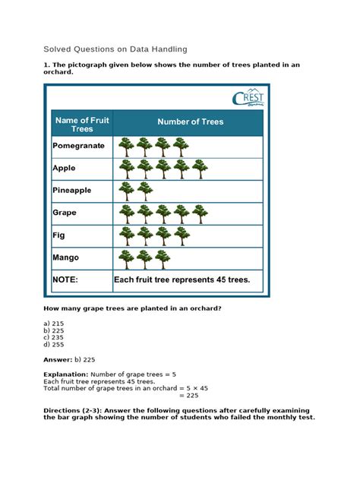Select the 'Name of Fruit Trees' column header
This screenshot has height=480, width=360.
pos(81,124)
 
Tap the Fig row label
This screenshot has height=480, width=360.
pos(59,235)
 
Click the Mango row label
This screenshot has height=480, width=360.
pos(66,258)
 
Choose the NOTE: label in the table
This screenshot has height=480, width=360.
pos(65,280)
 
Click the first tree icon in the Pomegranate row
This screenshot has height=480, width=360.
pos(126,146)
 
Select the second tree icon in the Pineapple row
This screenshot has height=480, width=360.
pos(144,191)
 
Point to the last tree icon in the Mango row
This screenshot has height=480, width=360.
pos(163,258)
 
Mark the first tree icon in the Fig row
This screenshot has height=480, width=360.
pos(126,236)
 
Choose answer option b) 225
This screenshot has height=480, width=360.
pos(54,330)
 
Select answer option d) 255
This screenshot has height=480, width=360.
pos(54,344)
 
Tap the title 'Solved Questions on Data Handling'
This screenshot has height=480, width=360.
pos(115,49)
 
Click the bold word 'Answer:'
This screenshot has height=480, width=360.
pos(57,359)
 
